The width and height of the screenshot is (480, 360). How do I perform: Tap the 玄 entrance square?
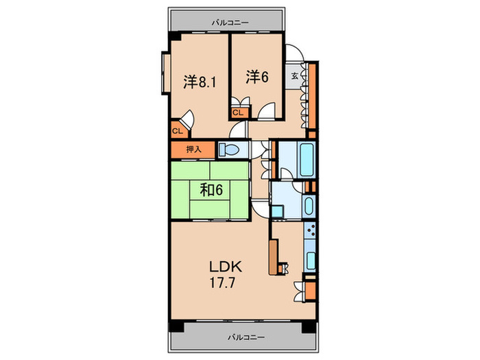pyautogui.click(x=294, y=76)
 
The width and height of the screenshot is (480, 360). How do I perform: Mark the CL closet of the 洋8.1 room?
pyautogui.click(x=176, y=130)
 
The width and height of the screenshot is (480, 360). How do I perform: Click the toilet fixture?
pyautogui.click(x=228, y=149)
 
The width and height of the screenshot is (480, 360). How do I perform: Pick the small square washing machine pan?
pyautogui.click(x=282, y=202)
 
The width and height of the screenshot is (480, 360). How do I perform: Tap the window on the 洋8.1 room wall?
pyautogui.click(x=165, y=75)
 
